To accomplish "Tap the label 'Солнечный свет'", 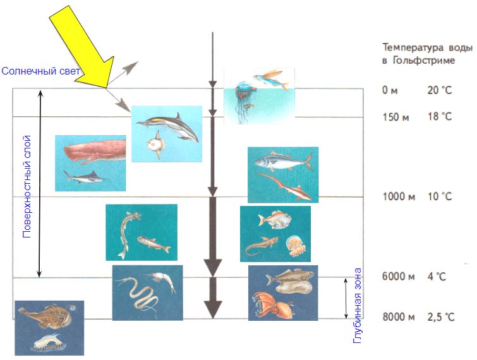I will [x=40, y=71].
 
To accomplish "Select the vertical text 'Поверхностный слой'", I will [x=27, y=184].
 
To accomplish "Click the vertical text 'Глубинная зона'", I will [x=358, y=306].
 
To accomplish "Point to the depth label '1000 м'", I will [x=399, y=196].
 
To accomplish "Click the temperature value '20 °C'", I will [x=440, y=90].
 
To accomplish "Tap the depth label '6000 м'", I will [x=399, y=276].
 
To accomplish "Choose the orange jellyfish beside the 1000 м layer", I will [x=294, y=245].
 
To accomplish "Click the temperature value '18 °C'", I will [x=440, y=117].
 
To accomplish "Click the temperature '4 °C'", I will [x=436, y=276].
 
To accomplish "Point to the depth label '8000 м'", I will [x=399, y=317].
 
